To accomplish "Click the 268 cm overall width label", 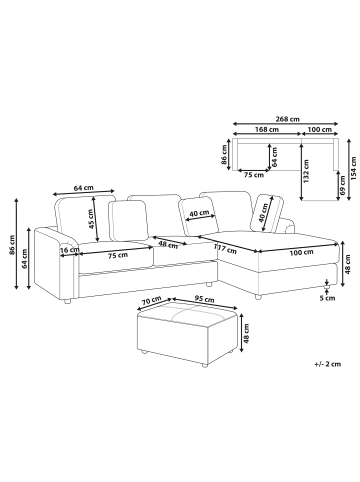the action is [287, 119].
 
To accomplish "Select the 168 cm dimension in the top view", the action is [267, 129].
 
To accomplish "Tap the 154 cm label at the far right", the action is [353, 169].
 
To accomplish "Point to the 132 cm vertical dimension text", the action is [307, 171].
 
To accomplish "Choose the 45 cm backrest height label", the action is [90, 219].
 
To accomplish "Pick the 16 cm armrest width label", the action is [70, 250].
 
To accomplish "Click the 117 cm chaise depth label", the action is [225, 249].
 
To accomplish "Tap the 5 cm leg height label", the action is [327, 298].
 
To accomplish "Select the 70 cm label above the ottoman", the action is [152, 301].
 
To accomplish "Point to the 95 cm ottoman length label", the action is [205, 300].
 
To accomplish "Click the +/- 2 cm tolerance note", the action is [328, 364].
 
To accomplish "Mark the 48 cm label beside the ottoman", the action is [247, 334].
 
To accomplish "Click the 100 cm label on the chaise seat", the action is [301, 252].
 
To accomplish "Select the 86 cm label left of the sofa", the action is [12, 245].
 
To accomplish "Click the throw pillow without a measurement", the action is [129, 220].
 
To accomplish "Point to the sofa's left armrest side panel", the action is [56, 264].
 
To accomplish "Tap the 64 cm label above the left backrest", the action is [83, 188].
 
